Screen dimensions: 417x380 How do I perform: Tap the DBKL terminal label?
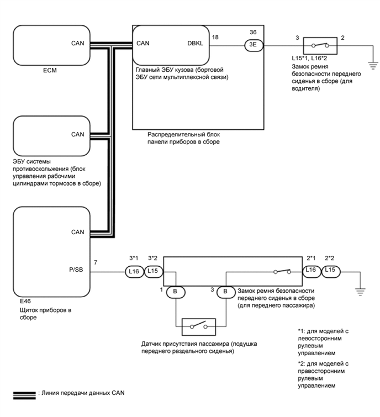click(x=197, y=43)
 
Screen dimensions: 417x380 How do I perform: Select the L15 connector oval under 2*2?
click(x=330, y=271)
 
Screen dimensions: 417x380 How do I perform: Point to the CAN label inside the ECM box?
click(x=77, y=43)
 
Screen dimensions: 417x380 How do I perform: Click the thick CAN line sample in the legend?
click(x=24, y=393)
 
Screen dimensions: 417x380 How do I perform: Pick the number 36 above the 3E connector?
click(x=253, y=32)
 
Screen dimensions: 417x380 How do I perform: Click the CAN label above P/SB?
click(x=77, y=233)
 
